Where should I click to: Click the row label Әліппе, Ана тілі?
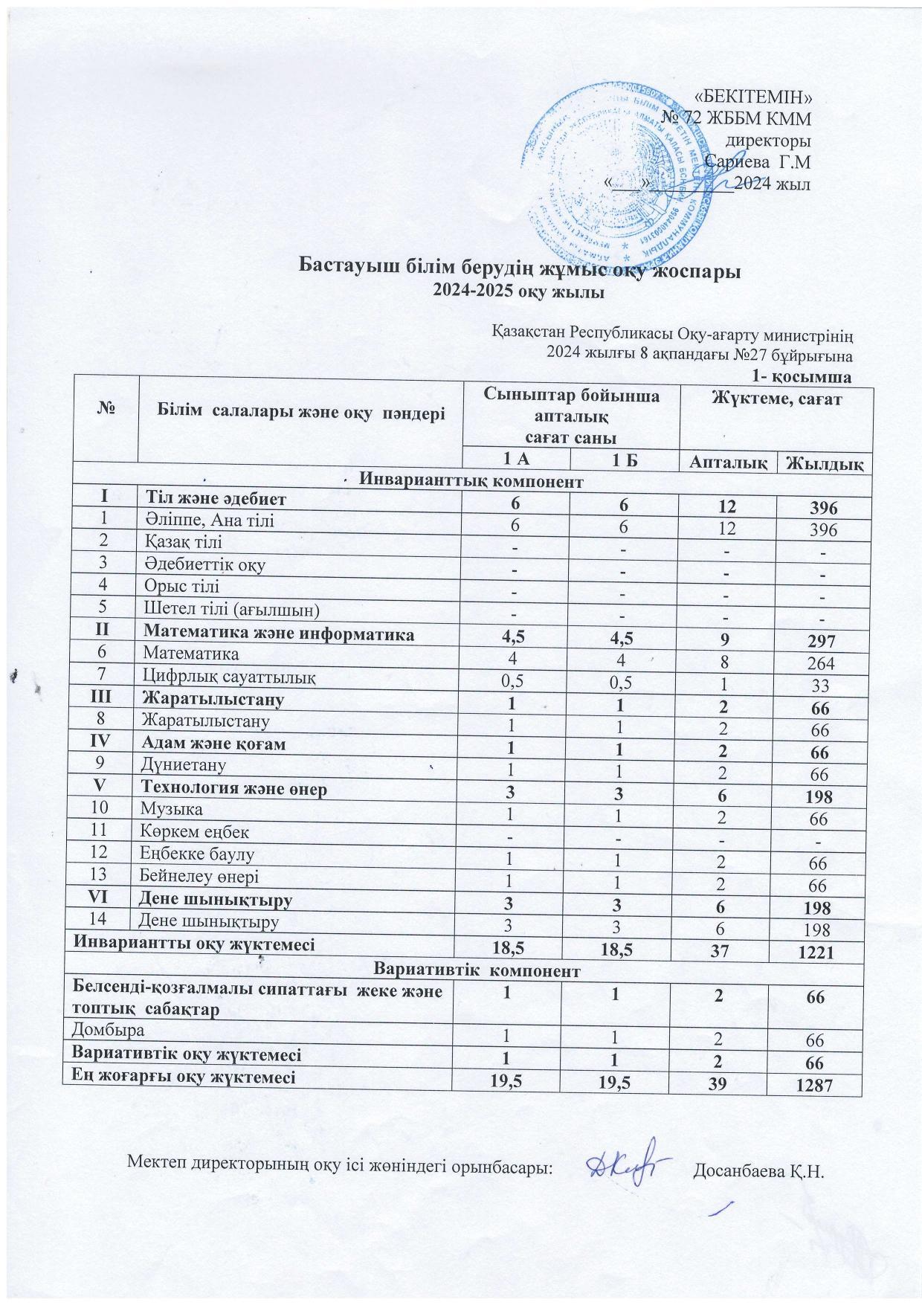pyautogui.click(x=210, y=521)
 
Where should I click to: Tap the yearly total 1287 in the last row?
pyautogui.click(x=819, y=1086)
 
